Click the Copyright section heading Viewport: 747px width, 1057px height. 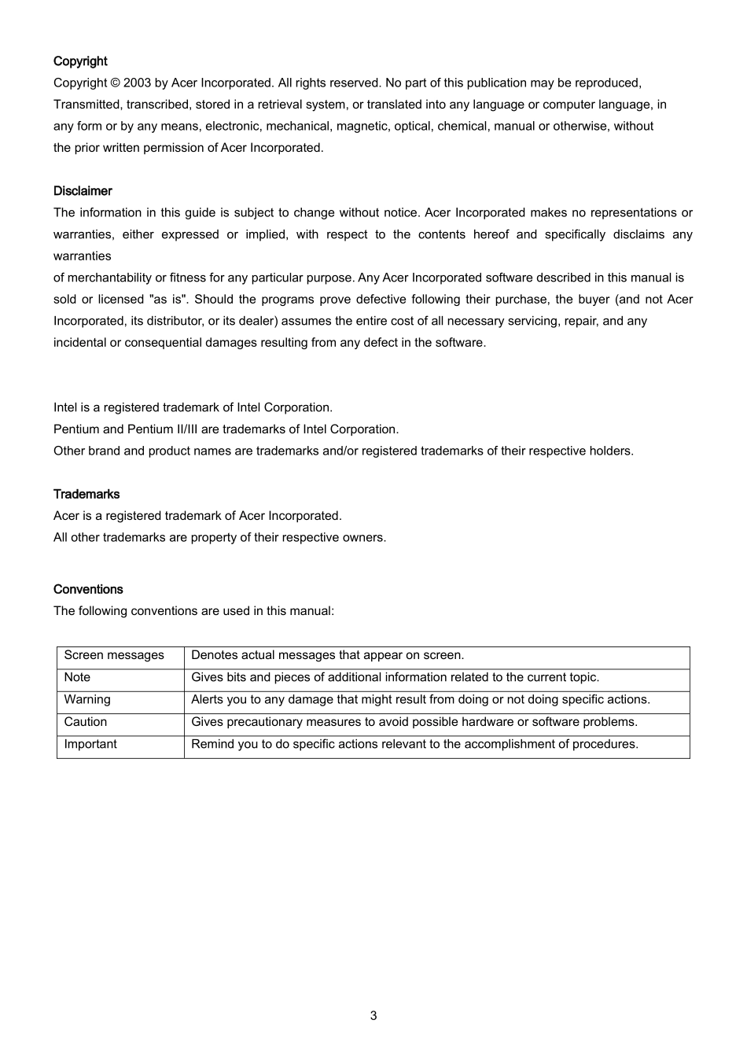(80, 61)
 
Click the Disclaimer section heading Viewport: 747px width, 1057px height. (83, 191)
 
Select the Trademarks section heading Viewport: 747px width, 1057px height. (86, 494)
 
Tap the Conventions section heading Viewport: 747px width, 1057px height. (88, 589)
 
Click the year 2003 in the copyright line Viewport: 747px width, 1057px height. (137, 83)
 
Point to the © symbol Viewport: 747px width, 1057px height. (115, 83)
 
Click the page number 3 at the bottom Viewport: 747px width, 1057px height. (373, 1015)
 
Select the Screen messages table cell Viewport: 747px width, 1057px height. (114, 655)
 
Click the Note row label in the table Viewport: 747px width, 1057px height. (77, 677)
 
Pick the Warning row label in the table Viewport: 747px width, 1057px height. (87, 699)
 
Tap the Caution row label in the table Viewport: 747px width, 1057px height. (86, 721)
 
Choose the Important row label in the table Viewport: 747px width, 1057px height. (90, 744)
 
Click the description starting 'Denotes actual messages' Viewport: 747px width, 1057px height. (328, 655)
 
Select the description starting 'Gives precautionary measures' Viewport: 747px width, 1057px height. (414, 721)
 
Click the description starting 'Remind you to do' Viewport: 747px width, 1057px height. (414, 744)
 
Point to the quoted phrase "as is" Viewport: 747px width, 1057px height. (167, 299)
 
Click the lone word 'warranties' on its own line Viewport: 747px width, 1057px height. (82, 256)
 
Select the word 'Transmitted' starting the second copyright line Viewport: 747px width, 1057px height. (83, 105)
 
